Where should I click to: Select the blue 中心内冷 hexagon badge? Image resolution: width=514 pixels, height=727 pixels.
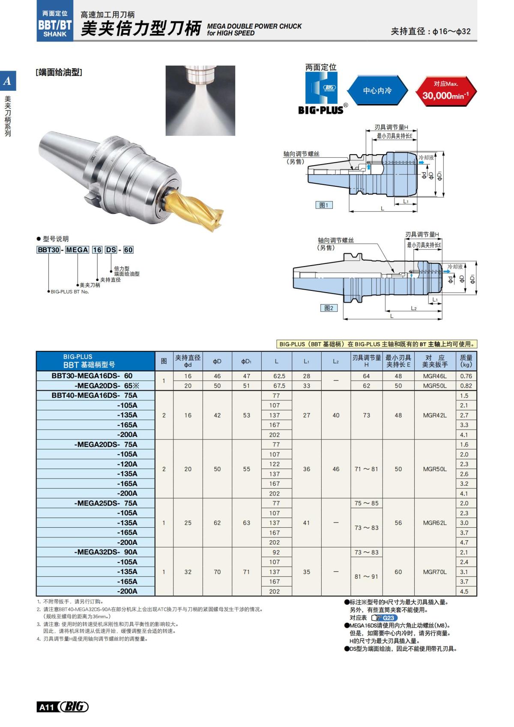377,90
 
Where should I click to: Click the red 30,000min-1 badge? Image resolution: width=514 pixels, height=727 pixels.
446,90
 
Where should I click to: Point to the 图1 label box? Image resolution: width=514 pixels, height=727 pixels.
324,205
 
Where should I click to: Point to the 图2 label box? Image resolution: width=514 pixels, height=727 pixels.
329,308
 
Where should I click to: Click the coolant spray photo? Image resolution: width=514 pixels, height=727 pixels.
200,100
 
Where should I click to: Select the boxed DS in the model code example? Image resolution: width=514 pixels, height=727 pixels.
111,250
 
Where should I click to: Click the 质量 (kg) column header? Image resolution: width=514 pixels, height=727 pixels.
466,361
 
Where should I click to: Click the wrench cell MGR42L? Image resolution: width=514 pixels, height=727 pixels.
435,415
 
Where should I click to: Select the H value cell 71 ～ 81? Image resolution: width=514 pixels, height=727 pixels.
366,469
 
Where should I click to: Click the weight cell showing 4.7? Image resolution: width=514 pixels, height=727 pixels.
464,542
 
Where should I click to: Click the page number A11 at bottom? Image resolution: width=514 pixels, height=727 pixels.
47,707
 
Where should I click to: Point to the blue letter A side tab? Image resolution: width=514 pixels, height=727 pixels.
8,81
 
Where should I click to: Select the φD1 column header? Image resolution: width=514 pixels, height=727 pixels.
246,361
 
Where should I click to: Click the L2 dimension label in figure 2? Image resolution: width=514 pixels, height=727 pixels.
414,308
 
